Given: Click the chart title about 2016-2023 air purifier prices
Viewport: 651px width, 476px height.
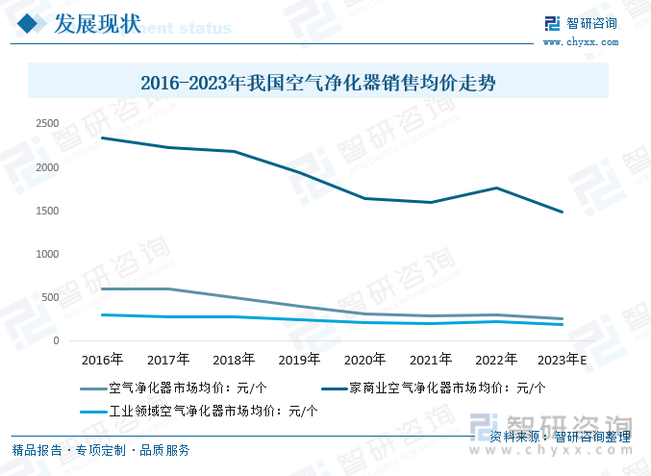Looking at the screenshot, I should click(318, 83).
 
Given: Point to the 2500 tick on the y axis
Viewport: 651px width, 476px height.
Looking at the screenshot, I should click(47, 124).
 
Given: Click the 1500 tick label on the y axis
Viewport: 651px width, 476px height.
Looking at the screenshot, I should click(47, 211).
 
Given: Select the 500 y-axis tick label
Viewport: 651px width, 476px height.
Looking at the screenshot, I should click(50, 297).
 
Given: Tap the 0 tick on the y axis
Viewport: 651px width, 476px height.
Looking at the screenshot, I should click(56, 340).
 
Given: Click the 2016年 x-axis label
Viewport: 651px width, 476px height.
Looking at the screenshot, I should click(102, 360).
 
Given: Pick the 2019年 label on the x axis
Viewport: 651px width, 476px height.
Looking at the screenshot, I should click(298, 360).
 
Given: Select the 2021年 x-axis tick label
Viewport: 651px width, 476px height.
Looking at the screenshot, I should click(430, 360).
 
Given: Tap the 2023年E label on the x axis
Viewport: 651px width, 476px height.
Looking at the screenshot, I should click(563, 360).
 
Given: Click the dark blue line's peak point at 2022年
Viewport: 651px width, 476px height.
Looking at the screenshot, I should click(496, 188).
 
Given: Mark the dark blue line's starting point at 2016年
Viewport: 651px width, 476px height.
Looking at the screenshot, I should click(102, 138).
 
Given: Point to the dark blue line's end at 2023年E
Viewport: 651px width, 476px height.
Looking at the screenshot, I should click(563, 213).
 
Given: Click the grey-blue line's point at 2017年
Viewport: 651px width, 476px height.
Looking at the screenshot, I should click(168, 288).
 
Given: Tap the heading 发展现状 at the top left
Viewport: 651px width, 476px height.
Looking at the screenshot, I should click(99, 23).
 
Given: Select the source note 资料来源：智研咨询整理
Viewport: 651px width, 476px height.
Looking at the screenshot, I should click(560, 438).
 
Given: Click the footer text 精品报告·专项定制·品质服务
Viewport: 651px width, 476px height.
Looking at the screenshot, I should click(100, 450).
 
